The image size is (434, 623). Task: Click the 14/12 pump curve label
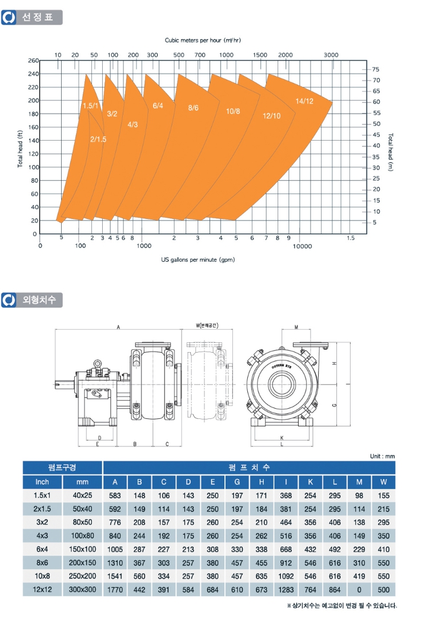[304, 101]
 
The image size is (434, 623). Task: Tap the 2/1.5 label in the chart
[98, 139]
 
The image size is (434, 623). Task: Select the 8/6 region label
[194, 108]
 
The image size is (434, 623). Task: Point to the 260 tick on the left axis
[33, 61]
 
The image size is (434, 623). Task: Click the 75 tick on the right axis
[376, 70]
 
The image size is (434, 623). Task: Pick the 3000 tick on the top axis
[331, 55]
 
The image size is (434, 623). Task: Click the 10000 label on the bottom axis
[302, 246]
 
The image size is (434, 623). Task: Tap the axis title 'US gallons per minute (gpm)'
[198, 260]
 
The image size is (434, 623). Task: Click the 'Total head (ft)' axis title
[20, 149]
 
